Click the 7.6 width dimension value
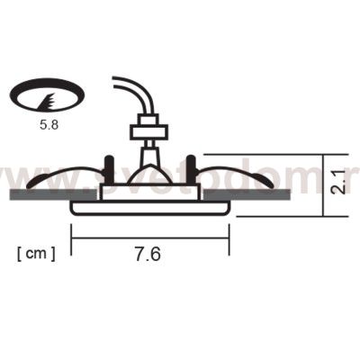(x=148, y=255)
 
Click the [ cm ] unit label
(x=36, y=254)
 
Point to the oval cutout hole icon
(x=49, y=93)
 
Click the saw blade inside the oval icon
(x=51, y=94)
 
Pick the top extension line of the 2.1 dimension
(x=261, y=154)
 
